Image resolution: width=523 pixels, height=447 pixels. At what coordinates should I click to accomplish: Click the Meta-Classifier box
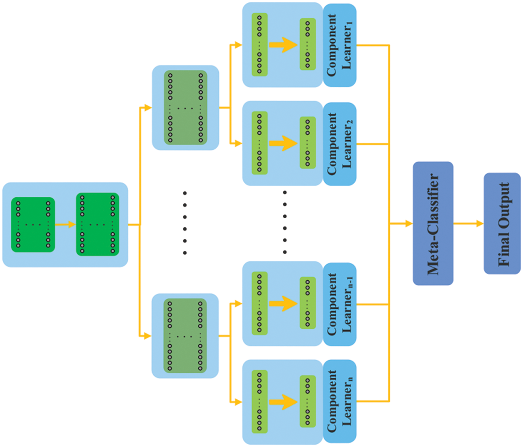click(x=432, y=223)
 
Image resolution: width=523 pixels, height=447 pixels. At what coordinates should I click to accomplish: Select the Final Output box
click(x=502, y=223)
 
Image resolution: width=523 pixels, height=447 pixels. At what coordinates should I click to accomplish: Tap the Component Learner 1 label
click(x=339, y=45)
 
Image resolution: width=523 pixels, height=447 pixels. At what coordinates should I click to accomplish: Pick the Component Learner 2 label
click(x=339, y=144)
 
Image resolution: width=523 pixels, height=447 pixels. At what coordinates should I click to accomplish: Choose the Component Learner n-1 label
click(x=339, y=304)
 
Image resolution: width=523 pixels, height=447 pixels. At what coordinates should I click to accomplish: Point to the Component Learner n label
click(x=339, y=402)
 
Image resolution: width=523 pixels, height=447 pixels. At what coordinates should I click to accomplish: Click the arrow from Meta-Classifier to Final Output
click(x=468, y=223)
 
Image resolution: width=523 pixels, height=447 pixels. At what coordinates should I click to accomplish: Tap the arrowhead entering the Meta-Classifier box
click(x=408, y=223)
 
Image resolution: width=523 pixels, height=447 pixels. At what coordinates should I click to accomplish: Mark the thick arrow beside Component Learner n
click(x=282, y=402)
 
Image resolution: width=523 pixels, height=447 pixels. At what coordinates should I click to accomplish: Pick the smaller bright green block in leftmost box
click(x=33, y=225)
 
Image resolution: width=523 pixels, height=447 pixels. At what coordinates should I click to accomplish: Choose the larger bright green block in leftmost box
click(x=97, y=225)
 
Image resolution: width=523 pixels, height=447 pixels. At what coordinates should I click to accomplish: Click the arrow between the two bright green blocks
click(x=65, y=225)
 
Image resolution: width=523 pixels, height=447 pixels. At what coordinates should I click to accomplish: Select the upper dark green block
click(x=185, y=108)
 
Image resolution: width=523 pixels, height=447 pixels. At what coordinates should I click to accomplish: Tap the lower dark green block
click(x=185, y=336)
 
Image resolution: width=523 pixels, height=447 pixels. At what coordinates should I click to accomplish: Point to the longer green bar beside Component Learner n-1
click(x=259, y=304)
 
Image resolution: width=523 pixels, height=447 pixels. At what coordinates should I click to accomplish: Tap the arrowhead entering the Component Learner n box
click(x=238, y=402)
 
